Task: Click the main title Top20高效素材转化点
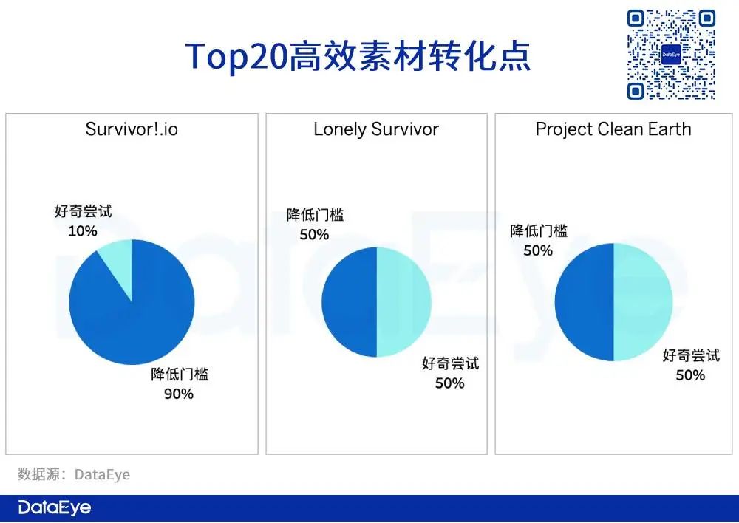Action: pyautogui.click(x=358, y=57)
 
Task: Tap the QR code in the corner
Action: pyautogui.click(x=671, y=55)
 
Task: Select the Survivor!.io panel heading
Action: pyautogui.click(x=132, y=129)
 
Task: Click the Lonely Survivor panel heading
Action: pyautogui.click(x=376, y=129)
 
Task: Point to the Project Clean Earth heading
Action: pyautogui.click(x=613, y=129)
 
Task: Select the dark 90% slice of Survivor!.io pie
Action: pyautogui.click(x=137, y=321)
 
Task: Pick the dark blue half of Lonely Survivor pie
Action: pyautogui.click(x=349, y=302)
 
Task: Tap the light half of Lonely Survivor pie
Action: pyautogui.click(x=404, y=302)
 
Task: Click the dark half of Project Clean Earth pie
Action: pyautogui.click(x=584, y=302)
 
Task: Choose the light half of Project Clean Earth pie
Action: pyautogui.click(x=643, y=302)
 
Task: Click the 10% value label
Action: pyautogui.click(x=83, y=231)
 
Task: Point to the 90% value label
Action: pyautogui.click(x=179, y=394)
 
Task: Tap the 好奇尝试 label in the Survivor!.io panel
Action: pyautogui.click(x=84, y=211)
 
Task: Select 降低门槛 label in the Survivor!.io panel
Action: pyautogui.click(x=180, y=374)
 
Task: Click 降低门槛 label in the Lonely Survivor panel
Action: pyautogui.click(x=315, y=215)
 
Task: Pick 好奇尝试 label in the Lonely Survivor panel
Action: pyautogui.click(x=451, y=363)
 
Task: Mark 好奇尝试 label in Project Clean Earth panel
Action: pyautogui.click(x=691, y=355)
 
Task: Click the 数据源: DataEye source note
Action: pyautogui.click(x=73, y=474)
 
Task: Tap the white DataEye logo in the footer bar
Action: pyautogui.click(x=55, y=507)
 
